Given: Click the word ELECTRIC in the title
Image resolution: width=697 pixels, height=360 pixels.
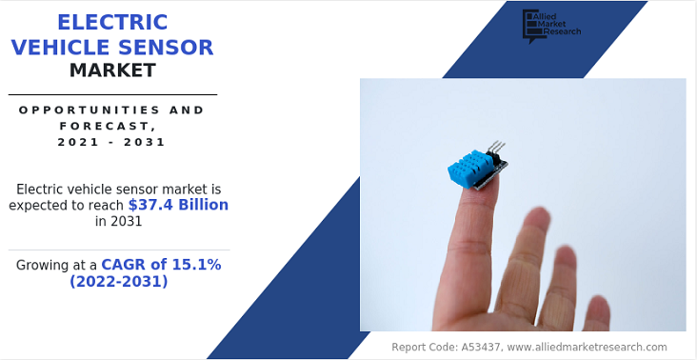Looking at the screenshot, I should pyautogui.click(x=112, y=22).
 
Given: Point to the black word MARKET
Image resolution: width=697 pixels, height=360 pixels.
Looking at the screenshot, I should pyautogui.click(x=112, y=70).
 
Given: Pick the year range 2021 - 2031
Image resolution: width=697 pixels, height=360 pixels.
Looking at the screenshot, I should pyautogui.click(x=111, y=142).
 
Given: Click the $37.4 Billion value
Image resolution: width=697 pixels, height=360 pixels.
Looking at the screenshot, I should pyautogui.click(x=178, y=205).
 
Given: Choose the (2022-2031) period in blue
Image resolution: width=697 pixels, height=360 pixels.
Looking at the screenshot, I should pyautogui.click(x=118, y=281).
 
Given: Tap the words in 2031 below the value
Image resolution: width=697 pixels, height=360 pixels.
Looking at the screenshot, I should pyautogui.click(x=118, y=222).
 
